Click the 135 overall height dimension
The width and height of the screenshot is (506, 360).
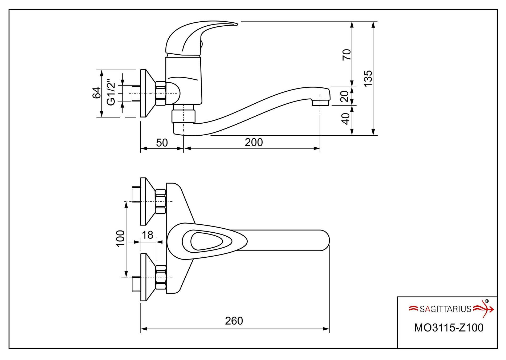[x=368, y=78]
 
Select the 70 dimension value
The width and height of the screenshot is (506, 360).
[x=346, y=55]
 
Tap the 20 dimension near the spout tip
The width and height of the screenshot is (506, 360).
[x=345, y=96]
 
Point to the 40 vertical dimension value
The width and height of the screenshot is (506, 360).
[x=345, y=119]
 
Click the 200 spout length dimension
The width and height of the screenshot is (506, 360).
[x=254, y=142]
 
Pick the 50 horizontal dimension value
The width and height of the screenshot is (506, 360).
[x=162, y=143]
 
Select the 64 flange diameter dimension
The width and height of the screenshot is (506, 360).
[x=96, y=93]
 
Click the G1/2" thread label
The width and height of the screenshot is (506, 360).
[x=111, y=92]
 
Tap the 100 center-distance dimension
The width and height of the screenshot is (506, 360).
[x=120, y=238]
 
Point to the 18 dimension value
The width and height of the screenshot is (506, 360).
[x=147, y=235]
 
